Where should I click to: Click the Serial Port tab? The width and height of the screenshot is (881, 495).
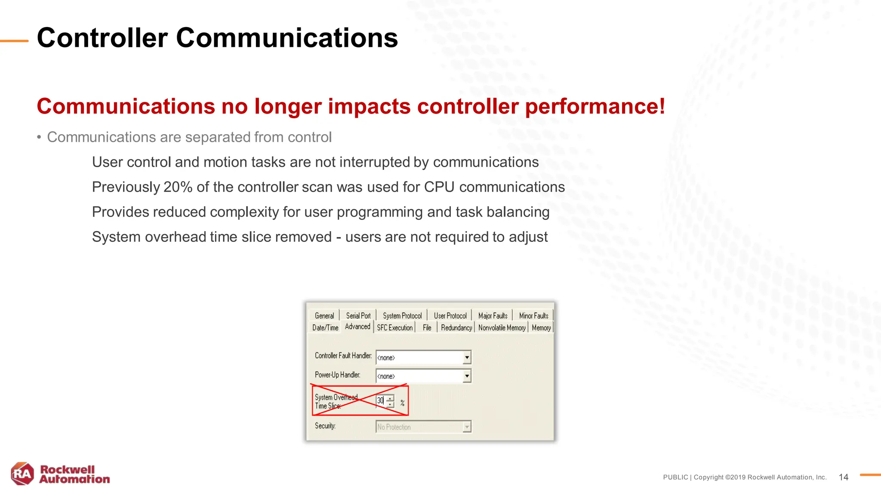(358, 316)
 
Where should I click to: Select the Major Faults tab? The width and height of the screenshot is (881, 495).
(493, 316)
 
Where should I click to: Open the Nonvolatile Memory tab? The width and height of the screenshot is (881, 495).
(502, 328)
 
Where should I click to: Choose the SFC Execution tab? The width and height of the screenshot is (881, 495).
(394, 328)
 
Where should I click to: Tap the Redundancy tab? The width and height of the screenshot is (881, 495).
(456, 328)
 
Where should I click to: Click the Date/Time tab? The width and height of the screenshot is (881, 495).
(325, 328)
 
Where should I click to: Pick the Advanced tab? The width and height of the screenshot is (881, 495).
(357, 327)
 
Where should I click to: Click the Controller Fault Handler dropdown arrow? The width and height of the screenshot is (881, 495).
(467, 357)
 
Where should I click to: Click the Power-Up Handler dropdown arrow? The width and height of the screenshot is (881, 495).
(467, 376)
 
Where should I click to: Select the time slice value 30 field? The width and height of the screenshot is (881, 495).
(380, 401)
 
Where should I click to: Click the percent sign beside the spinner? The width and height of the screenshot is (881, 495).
(402, 403)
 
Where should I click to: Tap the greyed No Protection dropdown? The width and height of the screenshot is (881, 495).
(423, 427)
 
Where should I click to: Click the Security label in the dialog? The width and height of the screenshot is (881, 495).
(325, 426)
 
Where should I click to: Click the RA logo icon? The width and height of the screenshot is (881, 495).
(22, 474)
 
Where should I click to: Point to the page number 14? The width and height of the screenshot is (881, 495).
(843, 477)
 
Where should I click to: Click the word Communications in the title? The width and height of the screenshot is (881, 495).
(286, 38)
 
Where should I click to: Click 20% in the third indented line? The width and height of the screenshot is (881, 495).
(178, 187)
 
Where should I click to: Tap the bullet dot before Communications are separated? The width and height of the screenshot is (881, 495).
(39, 137)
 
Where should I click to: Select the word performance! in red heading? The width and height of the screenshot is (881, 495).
(595, 107)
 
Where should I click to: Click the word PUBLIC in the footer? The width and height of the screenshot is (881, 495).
(675, 477)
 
